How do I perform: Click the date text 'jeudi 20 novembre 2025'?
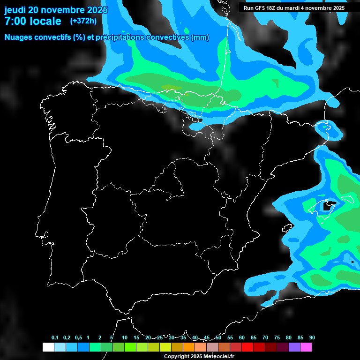tap(56, 10)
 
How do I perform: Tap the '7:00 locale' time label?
tap(33, 21)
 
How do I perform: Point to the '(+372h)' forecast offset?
tap(83, 21)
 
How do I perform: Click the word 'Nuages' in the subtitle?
tap(20, 37)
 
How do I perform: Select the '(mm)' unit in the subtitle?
tap(200, 37)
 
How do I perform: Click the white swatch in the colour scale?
tap(48, 347)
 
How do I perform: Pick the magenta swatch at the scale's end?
tap(306, 347)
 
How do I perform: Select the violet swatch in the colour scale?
tap(294, 347)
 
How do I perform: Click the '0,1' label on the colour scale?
tap(55, 338)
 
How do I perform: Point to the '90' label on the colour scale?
tap(312, 338)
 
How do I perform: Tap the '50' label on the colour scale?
tap(218, 338)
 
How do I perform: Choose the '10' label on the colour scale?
tap(125, 338)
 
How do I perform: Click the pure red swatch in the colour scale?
tap(247, 347)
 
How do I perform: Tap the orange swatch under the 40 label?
tap(189, 347)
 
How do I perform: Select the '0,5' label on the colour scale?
tap(78, 338)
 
